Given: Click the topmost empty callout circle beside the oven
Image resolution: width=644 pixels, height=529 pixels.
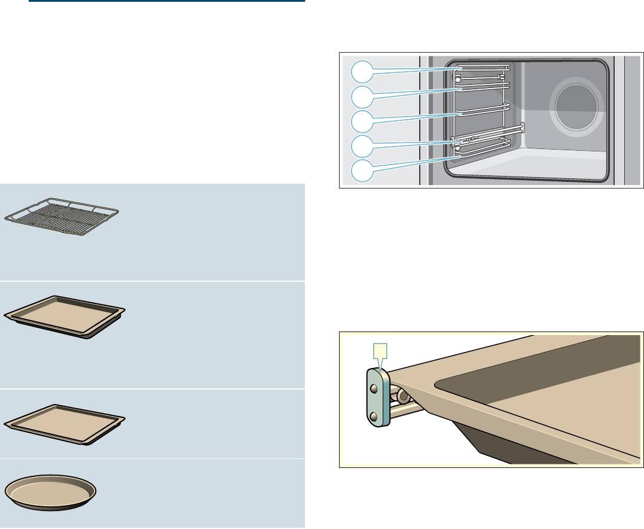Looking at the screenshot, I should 359,72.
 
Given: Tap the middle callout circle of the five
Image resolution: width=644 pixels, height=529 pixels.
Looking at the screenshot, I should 359,120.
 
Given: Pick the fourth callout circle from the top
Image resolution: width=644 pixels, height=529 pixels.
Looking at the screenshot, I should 359,145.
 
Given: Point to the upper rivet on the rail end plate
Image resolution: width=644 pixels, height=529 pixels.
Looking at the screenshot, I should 374,388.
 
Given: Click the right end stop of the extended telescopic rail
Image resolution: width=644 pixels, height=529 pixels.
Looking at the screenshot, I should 523,127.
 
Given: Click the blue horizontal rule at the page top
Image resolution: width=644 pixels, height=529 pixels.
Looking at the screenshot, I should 167,2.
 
